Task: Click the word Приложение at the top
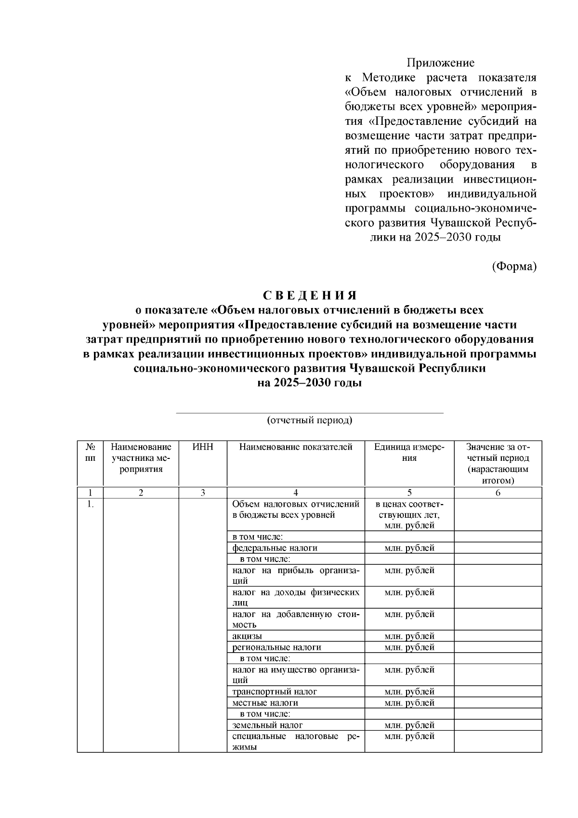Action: pos(440,63)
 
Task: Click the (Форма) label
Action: pos(514,266)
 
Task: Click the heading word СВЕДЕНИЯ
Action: pos(310,295)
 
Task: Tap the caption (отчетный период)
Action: pos(310,420)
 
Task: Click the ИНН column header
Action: pos(203,447)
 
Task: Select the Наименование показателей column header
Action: pos(296,447)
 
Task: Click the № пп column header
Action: pos(90,452)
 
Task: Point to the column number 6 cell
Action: pos(498,493)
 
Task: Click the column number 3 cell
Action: pos(203,493)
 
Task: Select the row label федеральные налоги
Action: pos(275,548)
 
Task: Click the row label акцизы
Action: pos(247,636)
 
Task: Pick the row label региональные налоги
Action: pos(276,647)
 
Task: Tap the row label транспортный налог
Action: pos(275,692)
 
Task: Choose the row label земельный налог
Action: pos(267,725)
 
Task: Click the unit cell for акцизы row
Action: pos(409,636)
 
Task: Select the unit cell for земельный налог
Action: pos(409,725)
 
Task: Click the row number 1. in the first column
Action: pos(90,504)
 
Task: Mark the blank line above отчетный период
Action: pos(310,413)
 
